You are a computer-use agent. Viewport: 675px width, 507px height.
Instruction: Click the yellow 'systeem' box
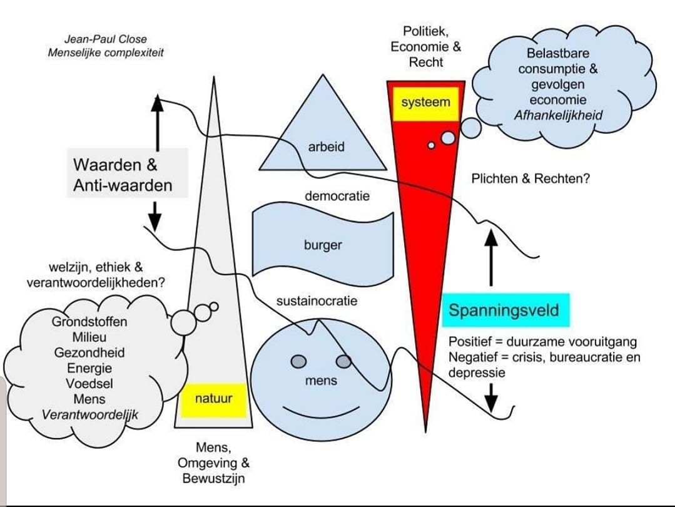click(x=425, y=102)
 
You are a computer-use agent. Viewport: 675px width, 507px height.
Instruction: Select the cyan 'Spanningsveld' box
click(x=504, y=310)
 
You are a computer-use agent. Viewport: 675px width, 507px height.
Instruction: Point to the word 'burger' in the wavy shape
click(x=323, y=245)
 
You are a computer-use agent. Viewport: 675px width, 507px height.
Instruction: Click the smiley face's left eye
click(x=298, y=361)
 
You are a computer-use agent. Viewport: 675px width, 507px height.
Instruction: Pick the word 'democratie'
click(x=337, y=196)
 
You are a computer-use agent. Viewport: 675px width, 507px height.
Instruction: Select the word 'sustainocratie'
click(x=317, y=301)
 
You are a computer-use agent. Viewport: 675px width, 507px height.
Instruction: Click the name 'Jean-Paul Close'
click(x=106, y=39)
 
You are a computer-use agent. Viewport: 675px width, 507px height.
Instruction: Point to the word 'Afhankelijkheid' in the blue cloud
click(x=558, y=116)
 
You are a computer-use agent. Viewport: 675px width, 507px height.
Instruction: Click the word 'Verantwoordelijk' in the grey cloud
click(x=89, y=414)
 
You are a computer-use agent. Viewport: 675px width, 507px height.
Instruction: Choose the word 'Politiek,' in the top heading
click(x=426, y=32)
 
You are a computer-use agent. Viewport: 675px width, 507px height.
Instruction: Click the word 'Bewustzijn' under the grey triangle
click(x=213, y=479)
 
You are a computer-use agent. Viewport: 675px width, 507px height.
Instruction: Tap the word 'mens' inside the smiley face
click(x=321, y=380)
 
